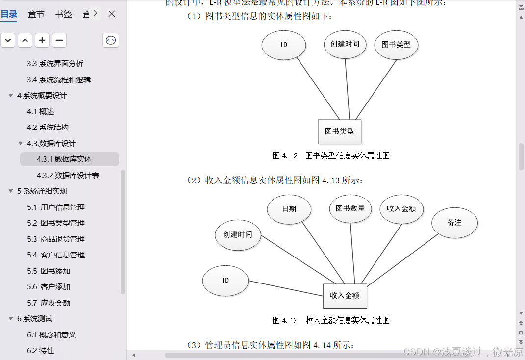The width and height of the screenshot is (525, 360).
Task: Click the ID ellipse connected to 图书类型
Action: pos(284,45)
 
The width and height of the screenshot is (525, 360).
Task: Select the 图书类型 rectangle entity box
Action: pos(339,131)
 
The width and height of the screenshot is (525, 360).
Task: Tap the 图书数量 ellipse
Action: pos(350,208)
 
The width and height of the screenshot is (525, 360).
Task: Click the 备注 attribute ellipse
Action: pos(454,223)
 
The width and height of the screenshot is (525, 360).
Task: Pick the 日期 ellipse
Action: pos(289,208)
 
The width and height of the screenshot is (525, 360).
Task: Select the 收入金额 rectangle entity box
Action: pos(345,296)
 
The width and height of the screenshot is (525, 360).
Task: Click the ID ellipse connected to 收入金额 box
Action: pos(225,281)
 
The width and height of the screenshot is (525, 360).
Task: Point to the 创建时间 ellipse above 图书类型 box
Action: pos(345,44)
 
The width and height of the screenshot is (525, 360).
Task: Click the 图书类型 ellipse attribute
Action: pos(396,45)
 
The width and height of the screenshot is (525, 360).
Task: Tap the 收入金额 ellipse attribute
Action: pos(401,208)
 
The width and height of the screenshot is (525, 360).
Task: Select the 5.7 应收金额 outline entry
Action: pos(49,303)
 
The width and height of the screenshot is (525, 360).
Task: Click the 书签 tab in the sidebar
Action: pos(64,14)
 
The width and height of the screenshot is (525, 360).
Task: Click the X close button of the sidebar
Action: pos(112,14)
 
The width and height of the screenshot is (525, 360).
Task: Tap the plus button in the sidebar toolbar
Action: pos(42,40)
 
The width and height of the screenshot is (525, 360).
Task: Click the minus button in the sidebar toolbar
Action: pos(59,40)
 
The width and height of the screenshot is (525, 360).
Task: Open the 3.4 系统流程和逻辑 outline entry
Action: pos(59,79)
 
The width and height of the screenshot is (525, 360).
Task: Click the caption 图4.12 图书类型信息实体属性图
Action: pos(331,156)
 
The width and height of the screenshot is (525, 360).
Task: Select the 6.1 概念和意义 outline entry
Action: pos(51,334)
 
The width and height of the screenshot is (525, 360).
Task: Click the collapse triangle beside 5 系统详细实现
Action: pos(11,191)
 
